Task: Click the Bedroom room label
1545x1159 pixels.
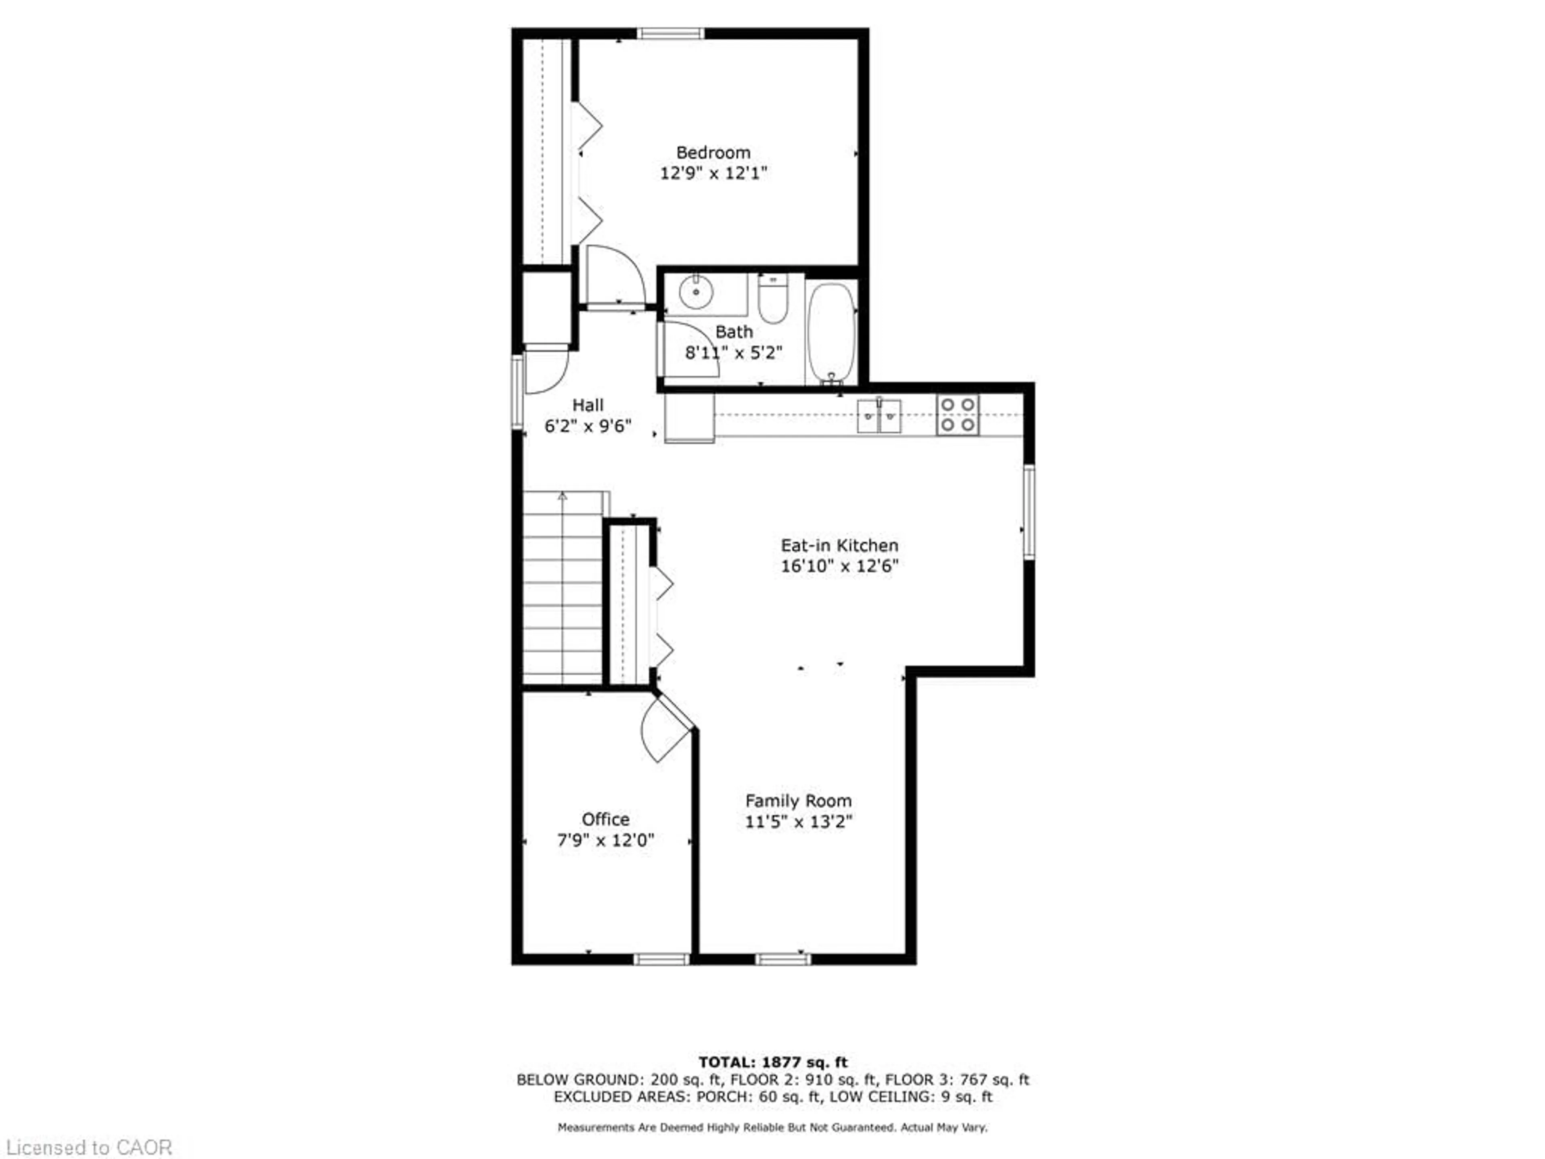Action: (713, 152)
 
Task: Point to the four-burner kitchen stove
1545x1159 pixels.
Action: (958, 415)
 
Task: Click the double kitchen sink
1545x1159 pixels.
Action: (879, 417)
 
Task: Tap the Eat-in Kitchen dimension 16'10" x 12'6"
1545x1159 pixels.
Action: (839, 566)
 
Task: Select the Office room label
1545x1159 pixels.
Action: (605, 819)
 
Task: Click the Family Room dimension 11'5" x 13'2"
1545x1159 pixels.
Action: (798, 822)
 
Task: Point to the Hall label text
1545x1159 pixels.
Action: (587, 405)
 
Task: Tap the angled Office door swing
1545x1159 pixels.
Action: (663, 730)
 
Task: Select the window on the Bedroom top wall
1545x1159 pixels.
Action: (670, 33)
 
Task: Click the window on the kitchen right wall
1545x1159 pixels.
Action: (1029, 511)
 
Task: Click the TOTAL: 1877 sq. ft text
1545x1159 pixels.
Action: (772, 1062)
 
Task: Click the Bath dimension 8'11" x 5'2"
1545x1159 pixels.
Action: (733, 353)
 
